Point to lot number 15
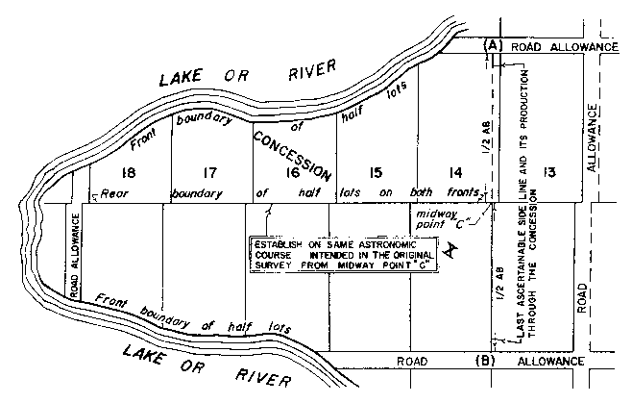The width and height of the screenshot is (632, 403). [x=375, y=173]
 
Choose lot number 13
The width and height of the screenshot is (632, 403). [x=548, y=173]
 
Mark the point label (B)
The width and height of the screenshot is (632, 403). [x=486, y=361]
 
